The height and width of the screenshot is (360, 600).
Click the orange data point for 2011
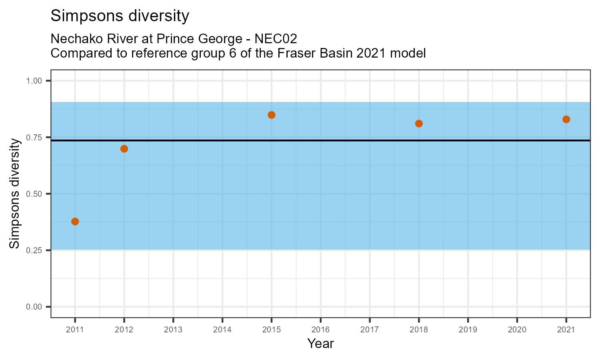point(75,222)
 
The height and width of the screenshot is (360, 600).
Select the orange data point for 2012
point(124,149)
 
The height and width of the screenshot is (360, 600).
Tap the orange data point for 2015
point(272,115)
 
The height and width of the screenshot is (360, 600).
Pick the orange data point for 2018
point(419,124)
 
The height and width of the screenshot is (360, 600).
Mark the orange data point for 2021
point(566,119)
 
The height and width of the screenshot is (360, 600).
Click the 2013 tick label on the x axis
point(173,330)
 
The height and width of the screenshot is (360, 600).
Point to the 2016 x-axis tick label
point(320,330)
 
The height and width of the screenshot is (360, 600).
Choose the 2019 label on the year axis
point(468,330)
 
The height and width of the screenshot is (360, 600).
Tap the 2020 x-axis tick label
point(517,330)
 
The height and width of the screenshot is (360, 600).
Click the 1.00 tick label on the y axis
point(34,81)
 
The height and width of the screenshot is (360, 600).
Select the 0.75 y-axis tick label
point(34,138)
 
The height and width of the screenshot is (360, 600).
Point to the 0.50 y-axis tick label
point(34,194)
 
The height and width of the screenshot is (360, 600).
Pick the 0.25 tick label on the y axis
point(34,250)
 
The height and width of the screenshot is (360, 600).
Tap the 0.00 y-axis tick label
point(34,307)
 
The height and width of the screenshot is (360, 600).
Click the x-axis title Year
point(320,344)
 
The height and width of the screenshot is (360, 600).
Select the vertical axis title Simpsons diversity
point(15,194)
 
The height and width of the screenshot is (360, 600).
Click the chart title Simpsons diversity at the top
point(120,16)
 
